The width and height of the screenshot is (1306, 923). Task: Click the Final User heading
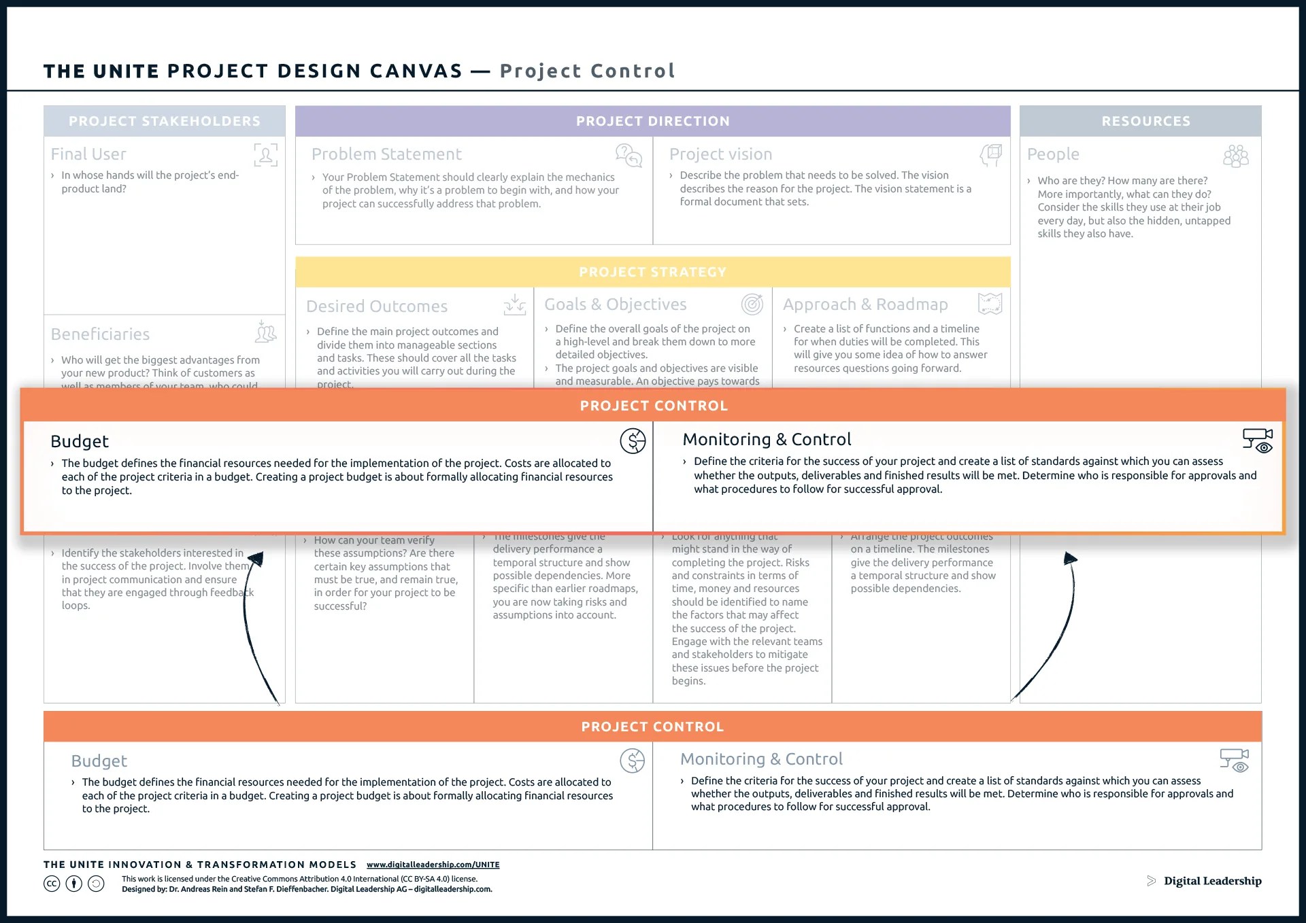point(88,154)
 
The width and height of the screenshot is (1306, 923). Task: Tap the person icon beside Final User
point(265,155)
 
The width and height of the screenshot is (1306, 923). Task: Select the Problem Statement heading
point(386,154)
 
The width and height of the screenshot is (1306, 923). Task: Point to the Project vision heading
point(720,154)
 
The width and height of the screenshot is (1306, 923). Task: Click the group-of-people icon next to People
point(1235,156)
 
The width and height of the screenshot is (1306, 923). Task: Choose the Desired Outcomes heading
point(377,307)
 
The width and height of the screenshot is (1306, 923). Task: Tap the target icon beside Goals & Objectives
point(752,304)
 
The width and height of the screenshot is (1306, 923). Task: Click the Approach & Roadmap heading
point(865,304)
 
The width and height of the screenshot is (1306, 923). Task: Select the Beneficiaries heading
point(100,334)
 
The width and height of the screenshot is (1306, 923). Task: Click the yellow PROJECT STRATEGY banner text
point(652,272)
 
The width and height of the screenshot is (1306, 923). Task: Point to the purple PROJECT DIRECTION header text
point(652,121)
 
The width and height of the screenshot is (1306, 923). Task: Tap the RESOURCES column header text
point(1145,121)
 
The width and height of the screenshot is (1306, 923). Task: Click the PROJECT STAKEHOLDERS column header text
point(164,121)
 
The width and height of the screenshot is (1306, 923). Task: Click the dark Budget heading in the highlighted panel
point(80,442)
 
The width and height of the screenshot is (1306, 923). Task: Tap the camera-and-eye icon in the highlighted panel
point(1257,440)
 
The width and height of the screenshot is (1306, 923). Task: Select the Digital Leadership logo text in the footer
point(1212,881)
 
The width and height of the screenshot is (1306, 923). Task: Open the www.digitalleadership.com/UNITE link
point(433,865)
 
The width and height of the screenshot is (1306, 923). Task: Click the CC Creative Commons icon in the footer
point(52,884)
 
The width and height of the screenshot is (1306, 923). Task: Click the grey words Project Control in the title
point(587,71)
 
